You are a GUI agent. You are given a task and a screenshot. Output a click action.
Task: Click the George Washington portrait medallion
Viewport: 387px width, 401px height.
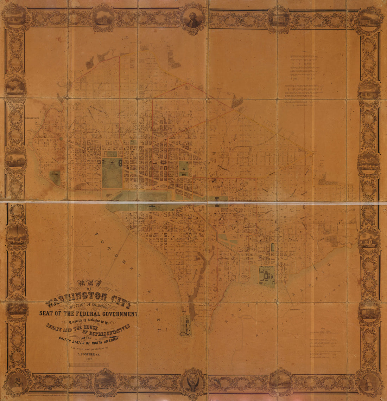pos(193,18)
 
